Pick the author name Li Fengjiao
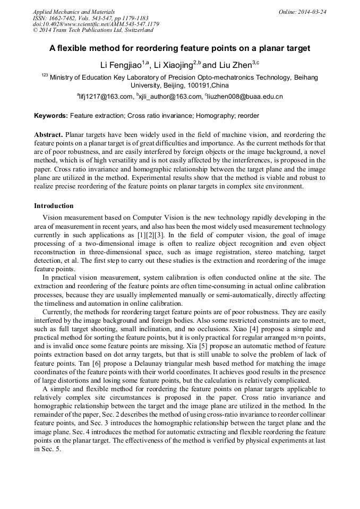click(121, 66)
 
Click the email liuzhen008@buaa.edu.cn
click(238, 97)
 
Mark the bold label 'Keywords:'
click(51, 115)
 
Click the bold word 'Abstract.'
click(49, 135)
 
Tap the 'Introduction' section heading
click(54, 205)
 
